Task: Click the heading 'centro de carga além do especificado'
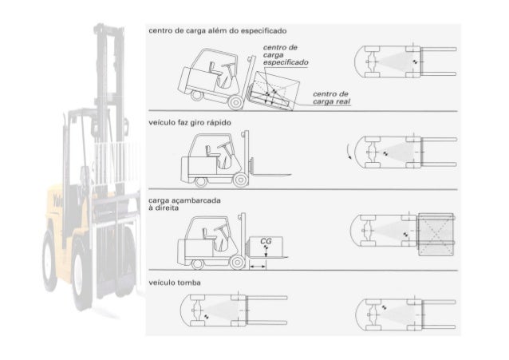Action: [x=218, y=31]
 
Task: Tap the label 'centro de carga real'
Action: [x=331, y=98]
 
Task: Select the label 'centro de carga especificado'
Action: [x=286, y=54]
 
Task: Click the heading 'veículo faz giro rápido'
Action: [x=190, y=122]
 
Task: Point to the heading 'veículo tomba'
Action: [x=175, y=283]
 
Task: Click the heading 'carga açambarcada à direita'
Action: [x=184, y=204]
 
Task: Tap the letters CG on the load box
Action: [x=266, y=241]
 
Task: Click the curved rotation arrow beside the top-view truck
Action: [x=349, y=152]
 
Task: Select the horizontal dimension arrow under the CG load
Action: [x=258, y=267]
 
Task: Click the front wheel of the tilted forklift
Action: [x=236, y=102]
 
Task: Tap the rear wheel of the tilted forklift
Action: [x=196, y=95]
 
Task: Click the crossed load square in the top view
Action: [x=436, y=234]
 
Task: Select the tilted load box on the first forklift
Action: [x=274, y=91]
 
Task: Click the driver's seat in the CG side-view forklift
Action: [x=206, y=234]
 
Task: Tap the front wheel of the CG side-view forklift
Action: [x=237, y=262]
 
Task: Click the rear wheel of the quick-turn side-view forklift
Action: [x=200, y=182]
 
